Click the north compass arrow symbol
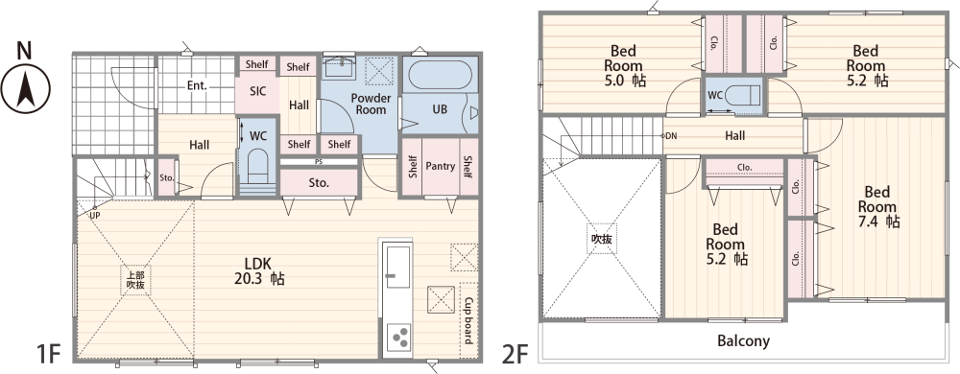[26, 88]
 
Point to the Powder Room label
[371, 104]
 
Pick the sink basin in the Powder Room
[338, 66]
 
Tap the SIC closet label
[257, 92]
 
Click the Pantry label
[441, 166]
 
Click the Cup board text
[468, 320]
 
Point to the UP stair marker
[95, 215]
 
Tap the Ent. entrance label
[197, 86]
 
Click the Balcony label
[743, 340]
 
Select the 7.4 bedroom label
[877, 206]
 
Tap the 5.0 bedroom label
[624, 65]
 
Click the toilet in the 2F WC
[745, 96]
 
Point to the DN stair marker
[671, 135]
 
